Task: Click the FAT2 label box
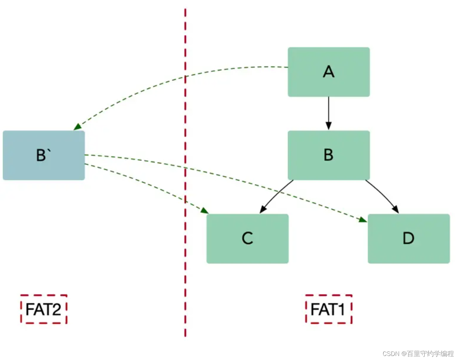pyautogui.click(x=44, y=309)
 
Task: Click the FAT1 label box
pyautogui.click(x=328, y=309)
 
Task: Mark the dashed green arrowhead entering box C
pyautogui.click(x=204, y=211)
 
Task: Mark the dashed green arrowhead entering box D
pyautogui.click(x=363, y=220)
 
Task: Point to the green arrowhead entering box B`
pyautogui.click(x=77, y=127)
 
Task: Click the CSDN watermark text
pyautogui.click(x=418, y=354)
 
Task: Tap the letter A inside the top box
pyautogui.click(x=328, y=72)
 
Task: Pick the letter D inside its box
pyautogui.click(x=408, y=238)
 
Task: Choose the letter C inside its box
pyautogui.click(x=247, y=238)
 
